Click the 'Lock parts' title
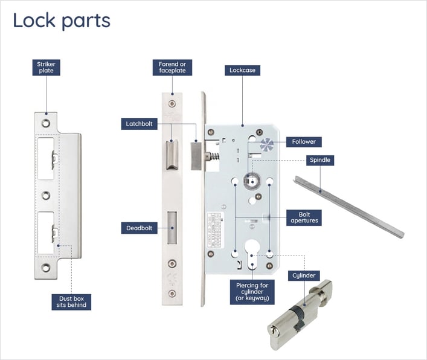(x=62, y=21)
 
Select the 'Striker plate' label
(x=46, y=67)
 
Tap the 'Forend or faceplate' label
(x=172, y=67)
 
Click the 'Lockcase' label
(x=242, y=70)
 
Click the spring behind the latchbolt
(x=212, y=156)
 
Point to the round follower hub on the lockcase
(x=250, y=180)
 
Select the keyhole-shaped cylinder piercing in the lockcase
(x=251, y=254)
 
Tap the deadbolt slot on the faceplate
(x=172, y=230)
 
